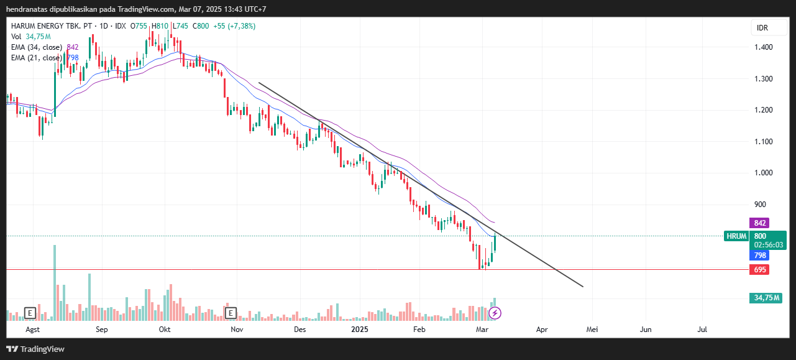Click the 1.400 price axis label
[x=763, y=47]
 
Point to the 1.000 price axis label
[x=763, y=173]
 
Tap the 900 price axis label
[x=761, y=204]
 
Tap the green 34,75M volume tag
[x=767, y=298]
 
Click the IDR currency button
[x=762, y=28]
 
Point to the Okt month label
[x=165, y=330]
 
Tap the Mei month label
[x=592, y=330]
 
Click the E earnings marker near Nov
[x=231, y=313]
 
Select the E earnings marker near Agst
[x=29, y=313]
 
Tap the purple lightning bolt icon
[x=495, y=313]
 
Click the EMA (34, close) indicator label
[x=36, y=47]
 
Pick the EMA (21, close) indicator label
[x=36, y=58]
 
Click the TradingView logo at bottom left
[x=35, y=349]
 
